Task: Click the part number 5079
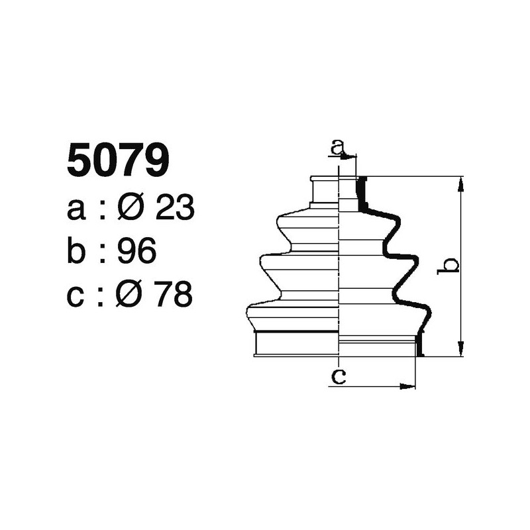point(118,162)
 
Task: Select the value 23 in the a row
point(174,209)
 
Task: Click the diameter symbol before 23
point(130,209)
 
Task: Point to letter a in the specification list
point(77,211)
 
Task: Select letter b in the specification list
point(78,252)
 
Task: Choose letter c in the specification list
point(77,296)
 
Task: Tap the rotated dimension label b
point(450,266)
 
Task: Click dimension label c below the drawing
point(339,377)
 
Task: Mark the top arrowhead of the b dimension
point(461,182)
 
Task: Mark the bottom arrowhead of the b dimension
point(461,351)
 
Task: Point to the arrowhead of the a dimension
point(352,156)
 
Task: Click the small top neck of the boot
point(325,192)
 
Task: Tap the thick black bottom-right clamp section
point(418,345)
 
